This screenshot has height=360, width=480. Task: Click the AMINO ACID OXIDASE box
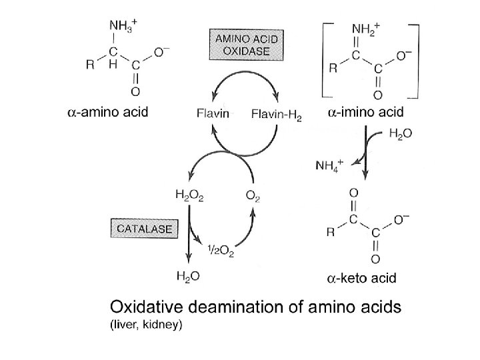pos(245,45)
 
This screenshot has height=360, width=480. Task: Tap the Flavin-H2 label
pos(277,115)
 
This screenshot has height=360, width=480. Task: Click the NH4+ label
pos(330,165)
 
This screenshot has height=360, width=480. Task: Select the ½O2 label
pos(220,250)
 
